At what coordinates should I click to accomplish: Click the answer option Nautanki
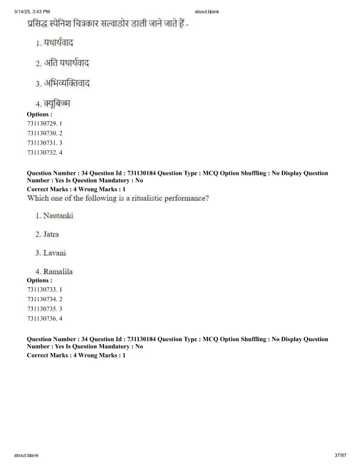tap(58, 216)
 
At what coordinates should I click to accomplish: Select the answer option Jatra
tap(51, 235)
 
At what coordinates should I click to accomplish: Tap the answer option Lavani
tap(54, 253)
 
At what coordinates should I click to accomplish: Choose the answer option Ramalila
tap(58, 272)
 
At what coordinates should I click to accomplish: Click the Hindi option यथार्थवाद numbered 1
tap(58, 43)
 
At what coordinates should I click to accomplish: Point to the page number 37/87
tap(340, 455)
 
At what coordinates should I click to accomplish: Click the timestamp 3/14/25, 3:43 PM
tap(32, 12)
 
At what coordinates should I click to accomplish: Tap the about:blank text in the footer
tap(26, 455)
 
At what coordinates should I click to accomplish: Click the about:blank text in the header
tap(206, 12)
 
